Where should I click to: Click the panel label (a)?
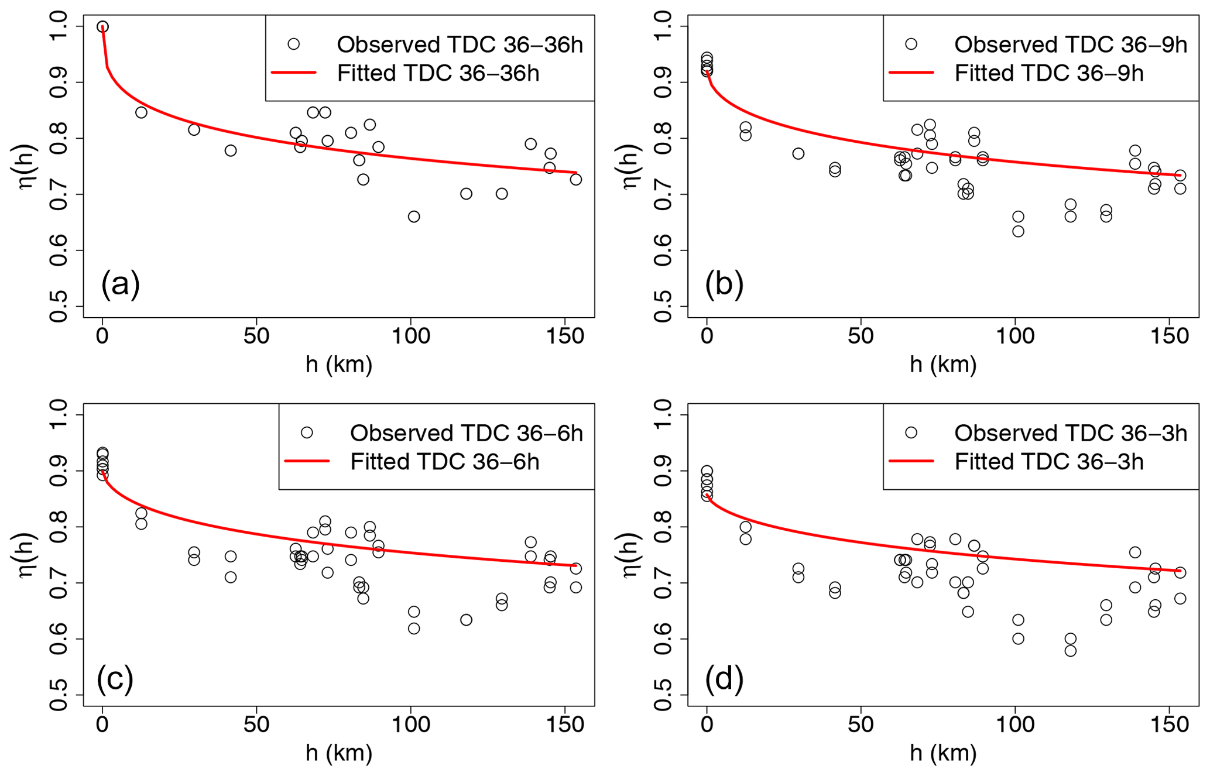coord(121,284)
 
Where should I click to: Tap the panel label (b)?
coord(724,284)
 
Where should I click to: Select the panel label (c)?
coord(115,678)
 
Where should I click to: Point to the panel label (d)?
coord(724,678)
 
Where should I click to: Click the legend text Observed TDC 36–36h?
coord(460,44)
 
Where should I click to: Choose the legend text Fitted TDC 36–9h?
coord(1049,73)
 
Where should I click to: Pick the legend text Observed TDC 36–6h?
coord(467,433)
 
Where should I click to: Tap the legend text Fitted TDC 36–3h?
coord(1049,462)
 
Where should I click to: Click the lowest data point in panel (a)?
coord(414,217)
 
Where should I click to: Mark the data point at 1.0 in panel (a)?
coord(102,27)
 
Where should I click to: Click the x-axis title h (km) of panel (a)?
coord(339,364)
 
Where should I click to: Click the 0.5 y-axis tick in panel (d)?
coord(663,695)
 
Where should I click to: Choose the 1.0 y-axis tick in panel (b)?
coord(663,27)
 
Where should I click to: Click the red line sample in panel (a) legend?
coord(294,73)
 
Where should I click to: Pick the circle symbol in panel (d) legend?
coord(911,432)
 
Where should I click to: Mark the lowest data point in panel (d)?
coord(1070,651)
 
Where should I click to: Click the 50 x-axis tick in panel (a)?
coord(256,336)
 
